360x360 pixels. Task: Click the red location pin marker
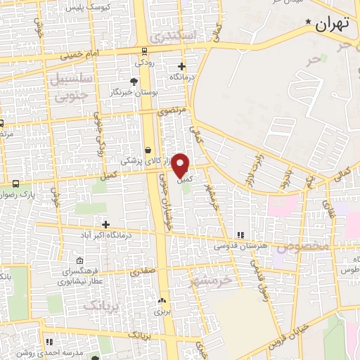[181, 164]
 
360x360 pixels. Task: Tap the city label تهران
[333, 25]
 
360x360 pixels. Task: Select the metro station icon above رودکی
[144, 51]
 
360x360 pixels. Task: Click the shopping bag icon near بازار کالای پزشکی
[148, 150]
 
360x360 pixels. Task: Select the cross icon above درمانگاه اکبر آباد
[105, 224]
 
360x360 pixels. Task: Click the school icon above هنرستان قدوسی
[240, 235]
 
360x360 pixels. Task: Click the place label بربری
[163, 309]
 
